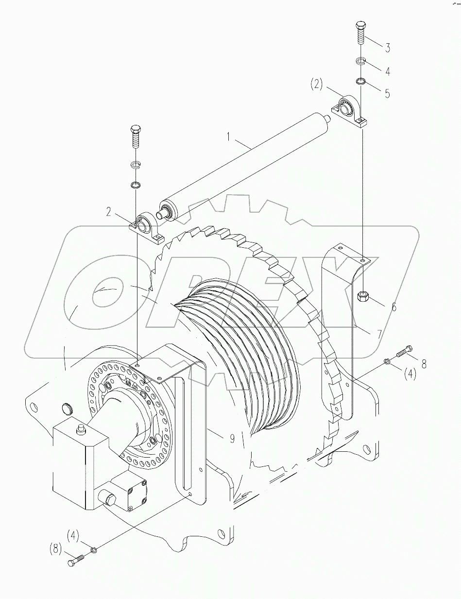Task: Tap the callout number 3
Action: point(388,48)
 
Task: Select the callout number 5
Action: point(387,93)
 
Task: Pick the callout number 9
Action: point(232,438)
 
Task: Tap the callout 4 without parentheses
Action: point(387,71)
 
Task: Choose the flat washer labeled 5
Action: point(360,81)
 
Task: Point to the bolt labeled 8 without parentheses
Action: point(405,351)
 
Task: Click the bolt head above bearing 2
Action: point(136,130)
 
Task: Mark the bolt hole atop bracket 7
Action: point(363,261)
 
